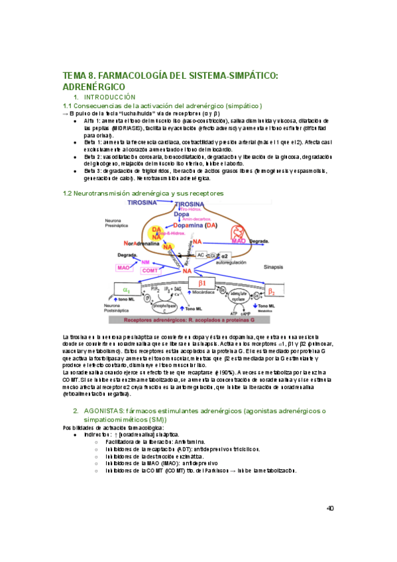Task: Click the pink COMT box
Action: pyautogui.click(x=150, y=271)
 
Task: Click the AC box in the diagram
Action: pyautogui.click(x=201, y=254)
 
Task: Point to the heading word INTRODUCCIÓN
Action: pyautogui.click(x=112, y=97)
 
